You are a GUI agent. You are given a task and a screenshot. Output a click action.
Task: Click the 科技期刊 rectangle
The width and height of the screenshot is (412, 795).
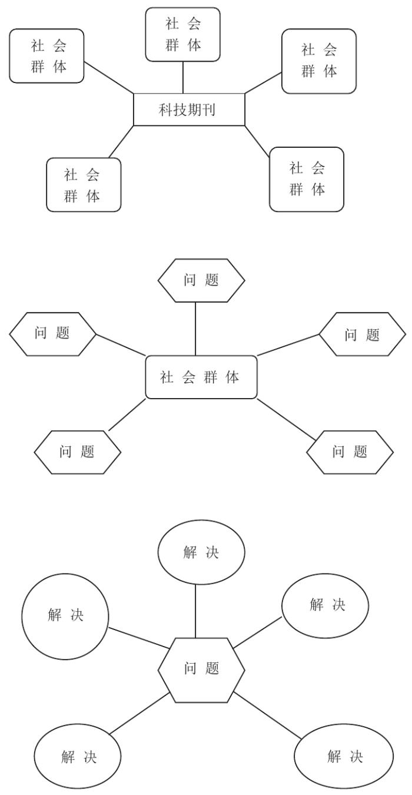[189, 110]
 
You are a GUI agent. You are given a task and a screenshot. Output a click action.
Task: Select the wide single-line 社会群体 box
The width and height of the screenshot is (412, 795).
[201, 377]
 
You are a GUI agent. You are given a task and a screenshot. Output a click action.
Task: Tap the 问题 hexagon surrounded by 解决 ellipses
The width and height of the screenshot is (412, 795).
[201, 670]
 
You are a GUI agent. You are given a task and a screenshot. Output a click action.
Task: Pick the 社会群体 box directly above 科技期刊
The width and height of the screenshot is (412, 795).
[183, 34]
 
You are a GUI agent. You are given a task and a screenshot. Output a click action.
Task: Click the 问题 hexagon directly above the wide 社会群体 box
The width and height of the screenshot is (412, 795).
[201, 280]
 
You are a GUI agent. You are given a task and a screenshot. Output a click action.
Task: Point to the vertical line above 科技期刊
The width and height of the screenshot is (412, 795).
[183, 77]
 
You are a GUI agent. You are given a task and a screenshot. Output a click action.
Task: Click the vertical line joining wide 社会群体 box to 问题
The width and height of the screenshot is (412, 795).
[195, 329]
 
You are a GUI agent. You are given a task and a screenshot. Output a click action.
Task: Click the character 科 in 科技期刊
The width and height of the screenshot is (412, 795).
[165, 110]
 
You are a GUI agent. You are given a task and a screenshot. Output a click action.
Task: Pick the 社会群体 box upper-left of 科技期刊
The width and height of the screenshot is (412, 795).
[47, 56]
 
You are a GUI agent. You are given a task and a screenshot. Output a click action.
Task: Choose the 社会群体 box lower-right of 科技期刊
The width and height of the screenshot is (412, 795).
[307, 179]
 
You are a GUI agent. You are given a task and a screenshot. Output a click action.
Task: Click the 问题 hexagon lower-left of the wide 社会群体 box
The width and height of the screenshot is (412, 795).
[78, 452]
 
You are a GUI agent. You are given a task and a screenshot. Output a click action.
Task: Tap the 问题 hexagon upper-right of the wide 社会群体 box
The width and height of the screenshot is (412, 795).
[362, 334]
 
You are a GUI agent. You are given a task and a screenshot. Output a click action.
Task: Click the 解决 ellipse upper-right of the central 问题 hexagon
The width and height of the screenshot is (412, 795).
[325, 605]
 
